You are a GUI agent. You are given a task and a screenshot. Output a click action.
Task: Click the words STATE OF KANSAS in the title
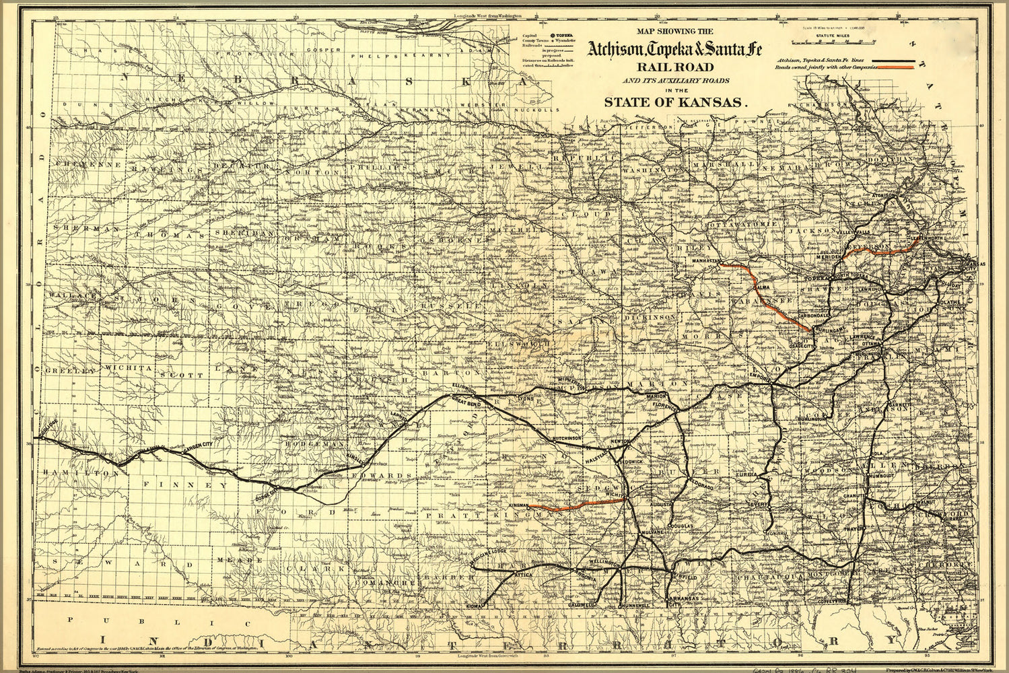coord(676,102)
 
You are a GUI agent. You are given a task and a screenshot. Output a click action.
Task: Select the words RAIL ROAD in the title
coord(676,67)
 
